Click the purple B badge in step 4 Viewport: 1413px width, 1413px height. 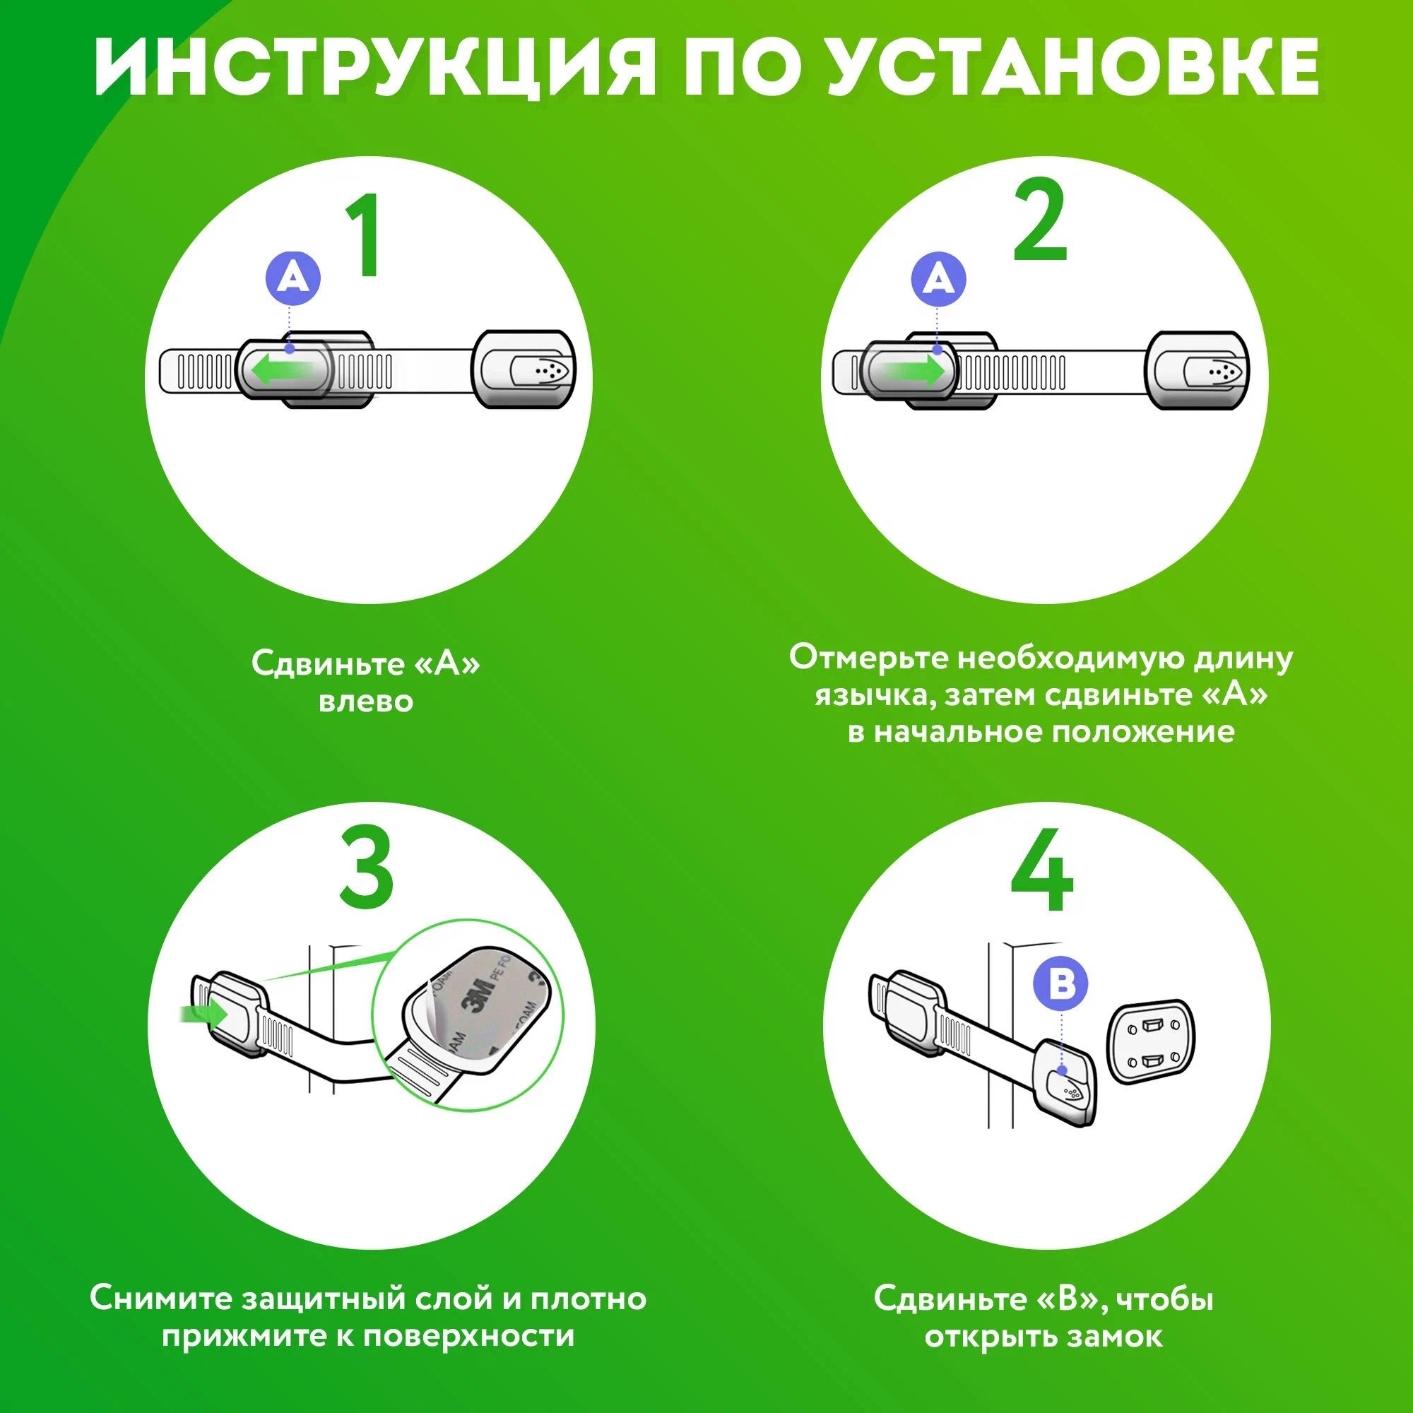click(x=1060, y=983)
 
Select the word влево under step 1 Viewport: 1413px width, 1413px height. click(x=366, y=702)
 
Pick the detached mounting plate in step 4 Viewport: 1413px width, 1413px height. click(x=1151, y=1040)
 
